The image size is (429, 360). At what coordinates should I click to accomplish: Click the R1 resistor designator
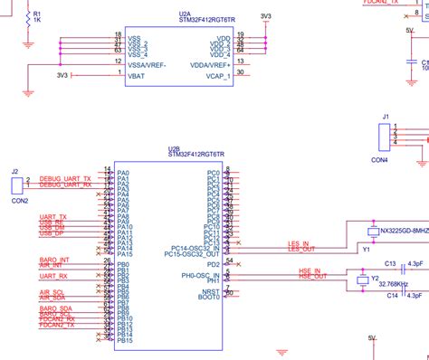pos(36,15)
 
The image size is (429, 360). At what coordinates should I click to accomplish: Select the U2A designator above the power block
pos(185,15)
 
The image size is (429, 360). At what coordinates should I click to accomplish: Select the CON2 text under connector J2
pos(19,201)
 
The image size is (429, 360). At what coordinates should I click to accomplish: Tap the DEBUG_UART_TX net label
pos(66,179)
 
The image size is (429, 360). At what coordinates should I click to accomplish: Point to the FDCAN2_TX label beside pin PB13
pos(58,326)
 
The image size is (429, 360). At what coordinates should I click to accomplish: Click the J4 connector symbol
pos(385,137)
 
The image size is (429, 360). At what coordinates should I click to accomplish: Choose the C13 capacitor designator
pos(391,263)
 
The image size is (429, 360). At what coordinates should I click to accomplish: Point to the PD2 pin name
pos(213,265)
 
